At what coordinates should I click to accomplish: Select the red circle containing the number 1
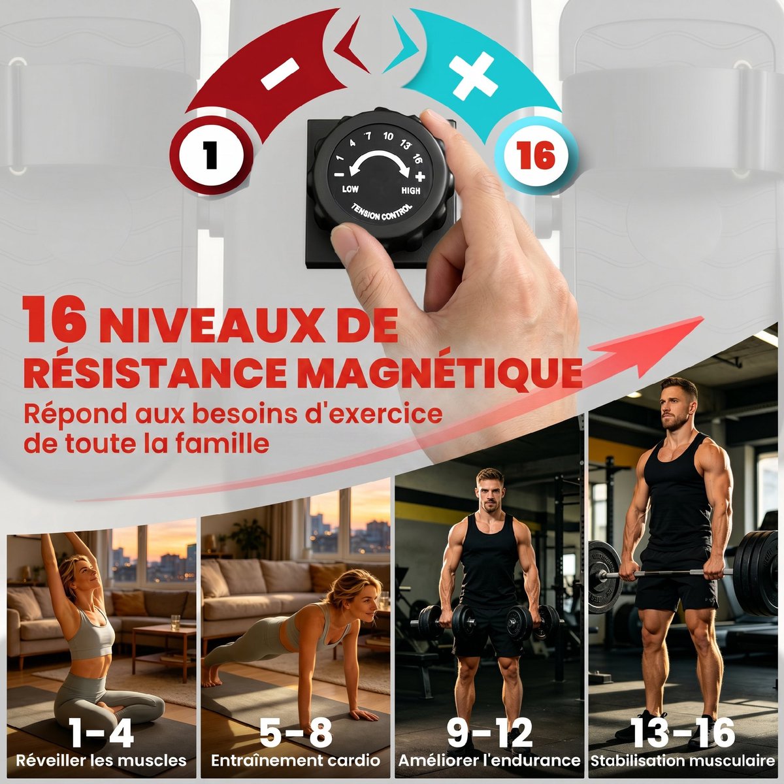point(211,155)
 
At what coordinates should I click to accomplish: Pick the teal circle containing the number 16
point(536,155)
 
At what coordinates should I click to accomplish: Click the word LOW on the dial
point(350,189)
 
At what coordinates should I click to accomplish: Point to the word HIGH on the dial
point(411,190)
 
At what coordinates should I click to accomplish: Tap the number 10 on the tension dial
point(387,136)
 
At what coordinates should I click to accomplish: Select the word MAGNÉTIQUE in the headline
point(438,372)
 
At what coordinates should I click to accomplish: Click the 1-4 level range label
point(101,732)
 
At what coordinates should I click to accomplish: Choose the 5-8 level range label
point(296,732)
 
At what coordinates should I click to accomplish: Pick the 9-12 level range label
point(489,732)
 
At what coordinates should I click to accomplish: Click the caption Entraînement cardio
point(296,760)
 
